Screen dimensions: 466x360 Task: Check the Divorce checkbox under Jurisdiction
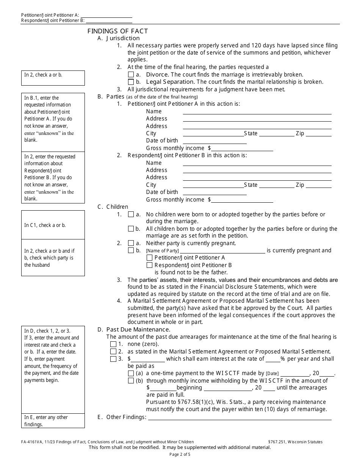tap(131, 75)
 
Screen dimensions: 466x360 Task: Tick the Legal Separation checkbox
tap(131, 82)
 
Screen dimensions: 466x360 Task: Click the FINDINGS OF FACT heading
tap(117, 31)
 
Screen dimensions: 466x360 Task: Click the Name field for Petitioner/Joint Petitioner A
tap(257, 111)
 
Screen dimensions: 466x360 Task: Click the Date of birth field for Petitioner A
tap(214, 141)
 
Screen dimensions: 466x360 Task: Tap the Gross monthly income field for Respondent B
tap(242, 200)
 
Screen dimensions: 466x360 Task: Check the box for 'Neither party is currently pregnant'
tap(131, 243)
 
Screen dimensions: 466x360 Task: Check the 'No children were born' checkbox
tap(131, 214)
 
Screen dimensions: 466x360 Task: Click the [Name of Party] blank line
tap(222, 250)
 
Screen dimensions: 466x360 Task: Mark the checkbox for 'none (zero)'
tap(113, 344)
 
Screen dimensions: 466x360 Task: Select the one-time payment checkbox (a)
tap(131, 374)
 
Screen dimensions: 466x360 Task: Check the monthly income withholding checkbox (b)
tap(131, 381)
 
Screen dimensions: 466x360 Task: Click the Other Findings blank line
tap(239, 418)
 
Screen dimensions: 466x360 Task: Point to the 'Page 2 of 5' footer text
tap(180, 455)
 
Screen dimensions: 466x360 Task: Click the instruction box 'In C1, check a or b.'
tap(53, 225)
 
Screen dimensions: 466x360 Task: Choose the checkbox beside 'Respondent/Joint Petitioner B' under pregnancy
tap(149, 265)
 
